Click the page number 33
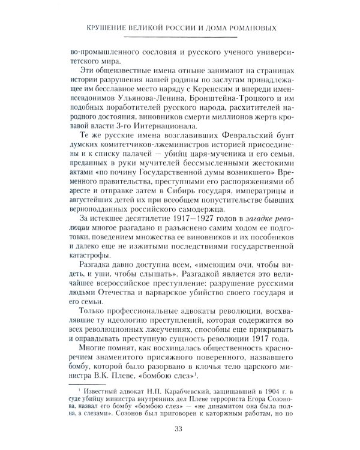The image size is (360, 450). click(x=180, y=428)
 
